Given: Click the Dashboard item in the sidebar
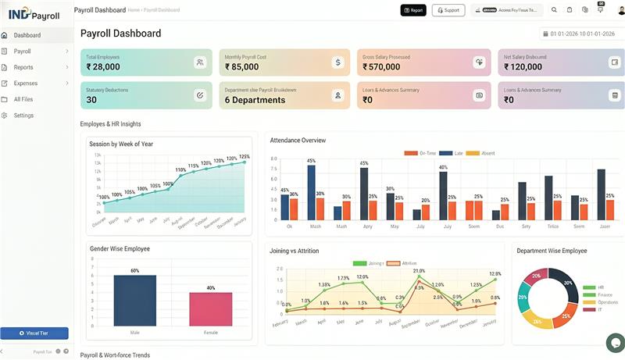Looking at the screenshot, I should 27,35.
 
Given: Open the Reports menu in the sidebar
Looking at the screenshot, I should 23,67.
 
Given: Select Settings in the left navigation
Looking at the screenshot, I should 23,116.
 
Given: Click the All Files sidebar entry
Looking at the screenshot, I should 23,99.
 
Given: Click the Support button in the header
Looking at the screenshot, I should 448,10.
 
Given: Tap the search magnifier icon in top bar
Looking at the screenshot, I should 554,10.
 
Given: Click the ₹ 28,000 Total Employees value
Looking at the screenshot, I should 103,67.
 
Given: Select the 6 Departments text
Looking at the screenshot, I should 255,100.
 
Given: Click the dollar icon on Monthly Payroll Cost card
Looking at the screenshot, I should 337,62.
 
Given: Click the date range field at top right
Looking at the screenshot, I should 581,34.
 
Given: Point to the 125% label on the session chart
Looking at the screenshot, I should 244,157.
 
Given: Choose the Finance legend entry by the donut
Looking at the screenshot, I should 605,294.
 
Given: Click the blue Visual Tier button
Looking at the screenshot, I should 34,333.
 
